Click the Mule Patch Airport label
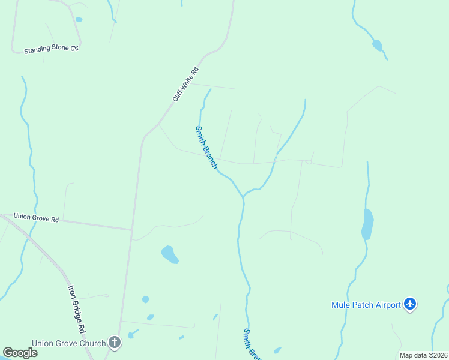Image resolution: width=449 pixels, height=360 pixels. tap(366, 305)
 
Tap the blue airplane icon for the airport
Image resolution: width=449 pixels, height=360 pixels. tap(410, 304)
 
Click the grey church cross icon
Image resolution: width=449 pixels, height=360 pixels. tap(115, 343)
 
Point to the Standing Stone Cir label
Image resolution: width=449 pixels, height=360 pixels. tap(52, 49)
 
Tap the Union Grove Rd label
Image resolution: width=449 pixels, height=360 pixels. tap(36, 218)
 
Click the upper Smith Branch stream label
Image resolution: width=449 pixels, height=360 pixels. tap(206, 147)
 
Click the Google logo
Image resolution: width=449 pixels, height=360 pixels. tap(20, 353)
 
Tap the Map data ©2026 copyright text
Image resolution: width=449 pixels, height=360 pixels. tap(423, 355)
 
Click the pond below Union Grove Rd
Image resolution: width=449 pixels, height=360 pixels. tap(170, 254)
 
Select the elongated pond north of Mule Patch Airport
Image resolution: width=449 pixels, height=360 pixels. tap(367, 224)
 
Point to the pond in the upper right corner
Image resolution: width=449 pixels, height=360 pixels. tap(377, 46)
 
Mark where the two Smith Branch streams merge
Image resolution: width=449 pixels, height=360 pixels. tap(243, 196)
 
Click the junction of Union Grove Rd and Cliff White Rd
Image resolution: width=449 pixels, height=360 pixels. tap(131, 229)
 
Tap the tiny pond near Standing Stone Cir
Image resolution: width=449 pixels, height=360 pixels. tap(79, 20)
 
